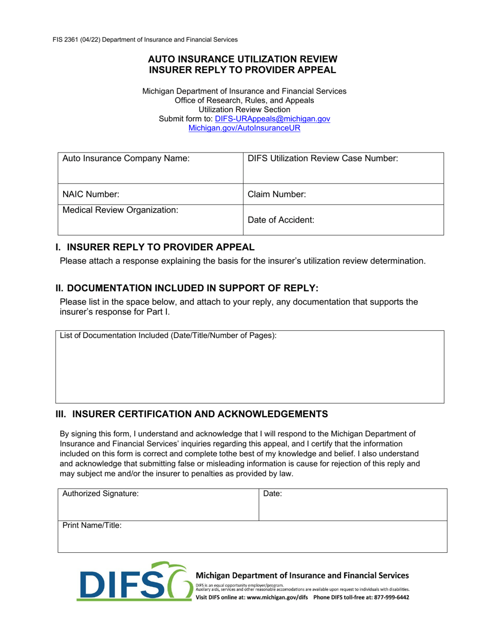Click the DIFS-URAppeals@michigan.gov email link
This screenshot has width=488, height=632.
point(272,119)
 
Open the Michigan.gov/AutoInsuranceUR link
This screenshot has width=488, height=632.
point(244,128)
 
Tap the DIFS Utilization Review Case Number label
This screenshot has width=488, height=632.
point(323,159)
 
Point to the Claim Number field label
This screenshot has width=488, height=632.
point(277,194)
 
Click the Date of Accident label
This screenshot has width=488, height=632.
point(281,220)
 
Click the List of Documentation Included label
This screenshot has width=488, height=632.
point(168,336)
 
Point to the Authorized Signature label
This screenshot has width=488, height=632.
point(100,494)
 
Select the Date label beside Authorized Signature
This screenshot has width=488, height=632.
point(272,494)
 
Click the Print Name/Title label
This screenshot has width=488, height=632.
point(92,526)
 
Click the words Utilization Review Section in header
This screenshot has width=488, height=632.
point(244,109)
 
